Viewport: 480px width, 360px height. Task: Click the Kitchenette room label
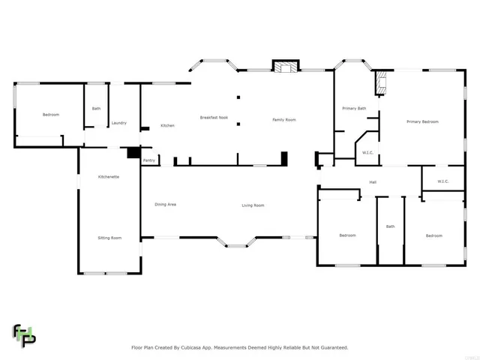click(109, 176)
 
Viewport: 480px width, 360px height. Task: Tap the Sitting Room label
click(109, 238)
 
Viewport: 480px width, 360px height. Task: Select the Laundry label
click(118, 123)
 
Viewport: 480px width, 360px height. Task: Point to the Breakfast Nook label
click(213, 118)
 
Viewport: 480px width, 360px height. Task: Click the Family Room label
click(283, 120)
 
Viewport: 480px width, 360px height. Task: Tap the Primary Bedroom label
click(422, 121)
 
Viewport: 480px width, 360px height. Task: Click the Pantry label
click(149, 160)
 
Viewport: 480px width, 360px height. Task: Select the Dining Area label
click(165, 205)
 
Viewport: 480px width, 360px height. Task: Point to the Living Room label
click(253, 205)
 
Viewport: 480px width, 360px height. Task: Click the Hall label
click(372, 182)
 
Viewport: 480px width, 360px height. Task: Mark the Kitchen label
click(167, 125)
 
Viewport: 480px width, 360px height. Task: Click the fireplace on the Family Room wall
click(283, 67)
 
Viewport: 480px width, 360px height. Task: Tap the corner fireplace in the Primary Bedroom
click(382, 82)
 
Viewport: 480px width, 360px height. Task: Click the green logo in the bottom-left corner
click(23, 334)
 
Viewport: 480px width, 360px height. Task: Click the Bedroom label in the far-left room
click(50, 115)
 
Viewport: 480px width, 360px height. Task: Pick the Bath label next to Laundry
click(96, 109)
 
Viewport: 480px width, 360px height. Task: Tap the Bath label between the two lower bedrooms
click(390, 226)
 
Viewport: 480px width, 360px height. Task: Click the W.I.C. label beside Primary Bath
click(367, 153)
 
